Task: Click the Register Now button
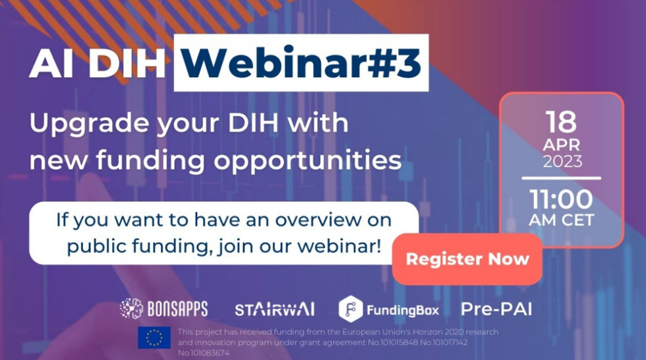click(x=467, y=259)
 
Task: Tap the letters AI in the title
click(x=51, y=64)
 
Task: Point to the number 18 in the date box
click(x=561, y=122)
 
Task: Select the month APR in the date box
click(x=561, y=144)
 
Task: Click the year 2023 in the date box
click(x=561, y=161)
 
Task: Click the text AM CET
click(x=561, y=220)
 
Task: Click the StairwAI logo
click(x=274, y=309)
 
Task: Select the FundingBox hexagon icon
click(x=350, y=309)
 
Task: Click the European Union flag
click(x=154, y=338)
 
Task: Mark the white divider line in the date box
click(x=561, y=178)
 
